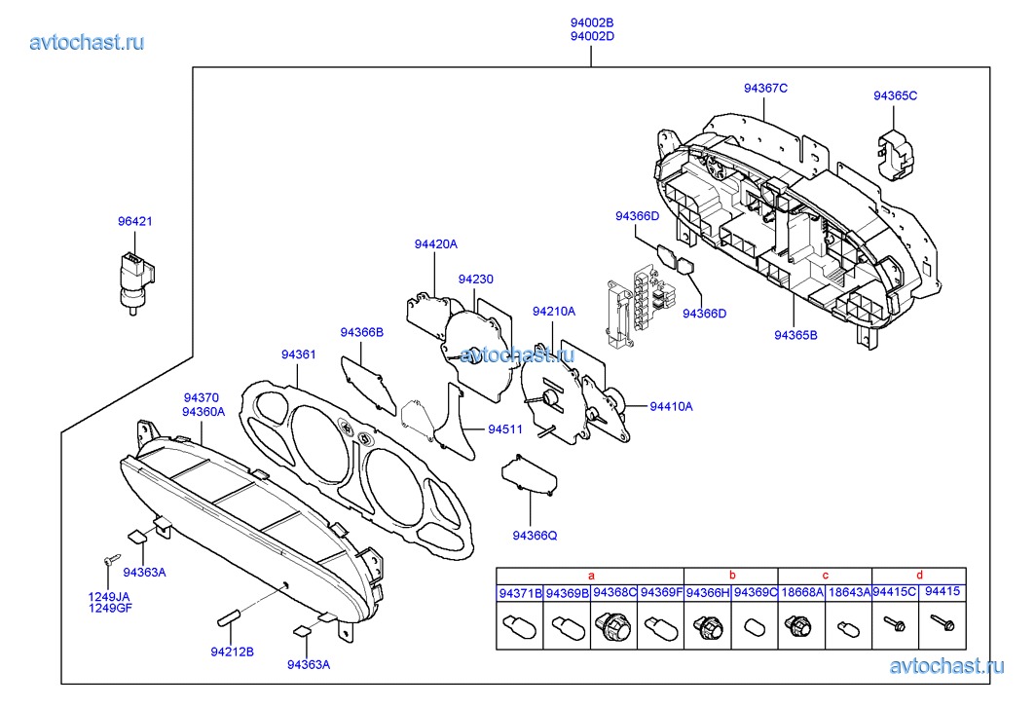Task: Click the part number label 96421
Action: (x=135, y=222)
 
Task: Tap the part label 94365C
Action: (x=895, y=96)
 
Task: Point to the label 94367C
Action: (x=765, y=89)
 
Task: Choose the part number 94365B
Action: (x=795, y=335)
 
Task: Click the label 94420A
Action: (x=435, y=245)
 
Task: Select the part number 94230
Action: (x=476, y=279)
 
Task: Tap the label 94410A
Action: (x=671, y=406)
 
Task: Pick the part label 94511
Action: (x=505, y=429)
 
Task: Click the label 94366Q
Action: (x=535, y=535)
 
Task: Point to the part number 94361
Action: (x=299, y=354)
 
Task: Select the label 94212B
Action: (x=232, y=652)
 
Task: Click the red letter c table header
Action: (x=825, y=576)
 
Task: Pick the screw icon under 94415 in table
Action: (x=942, y=620)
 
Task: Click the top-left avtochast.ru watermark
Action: (x=88, y=42)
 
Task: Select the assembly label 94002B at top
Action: (x=592, y=22)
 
